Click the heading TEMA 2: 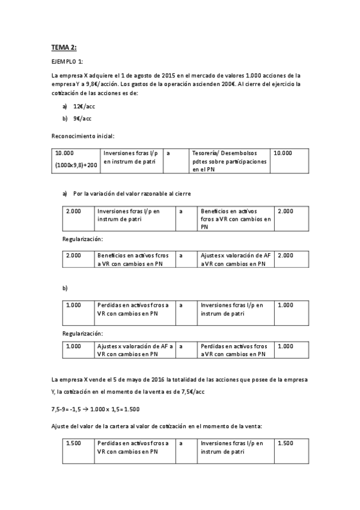coord(64,48)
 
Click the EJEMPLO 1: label coord(67,62)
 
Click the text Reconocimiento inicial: coord(83,136)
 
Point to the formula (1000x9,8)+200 coord(76,164)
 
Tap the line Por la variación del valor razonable coord(132,194)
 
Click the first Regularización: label coord(82,239)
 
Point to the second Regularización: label coord(82,333)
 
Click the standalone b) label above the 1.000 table coord(65,289)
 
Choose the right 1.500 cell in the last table coord(285,443)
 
